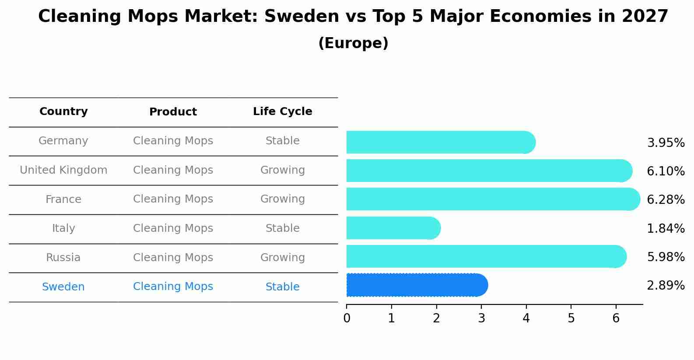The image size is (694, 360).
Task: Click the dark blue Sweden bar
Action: coord(417,285)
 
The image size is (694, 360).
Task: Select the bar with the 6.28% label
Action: coord(493,199)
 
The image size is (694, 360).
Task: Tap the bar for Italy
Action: coord(393,228)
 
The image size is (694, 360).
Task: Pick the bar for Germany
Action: coord(441,142)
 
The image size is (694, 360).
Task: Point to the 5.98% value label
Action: coord(666,257)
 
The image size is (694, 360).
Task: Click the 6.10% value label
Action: coord(666,171)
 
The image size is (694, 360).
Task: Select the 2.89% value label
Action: coord(666,285)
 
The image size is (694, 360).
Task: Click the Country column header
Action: coord(63,111)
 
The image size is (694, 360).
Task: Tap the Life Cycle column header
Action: coord(283,111)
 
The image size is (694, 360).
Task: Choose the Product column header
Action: coord(173,112)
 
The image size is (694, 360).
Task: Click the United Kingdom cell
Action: coord(63,170)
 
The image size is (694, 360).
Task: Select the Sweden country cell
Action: coord(63,287)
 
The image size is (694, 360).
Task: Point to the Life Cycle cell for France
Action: coord(283,199)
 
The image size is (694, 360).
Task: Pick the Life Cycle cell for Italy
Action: coord(283,228)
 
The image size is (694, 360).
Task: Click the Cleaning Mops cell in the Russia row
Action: coord(173,257)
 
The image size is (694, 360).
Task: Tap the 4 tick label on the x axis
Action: coord(526,318)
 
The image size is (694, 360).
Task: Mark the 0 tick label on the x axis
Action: coord(347,318)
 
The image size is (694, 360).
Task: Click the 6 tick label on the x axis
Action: coord(616,318)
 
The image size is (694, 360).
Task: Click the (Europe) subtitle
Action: coord(353,43)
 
